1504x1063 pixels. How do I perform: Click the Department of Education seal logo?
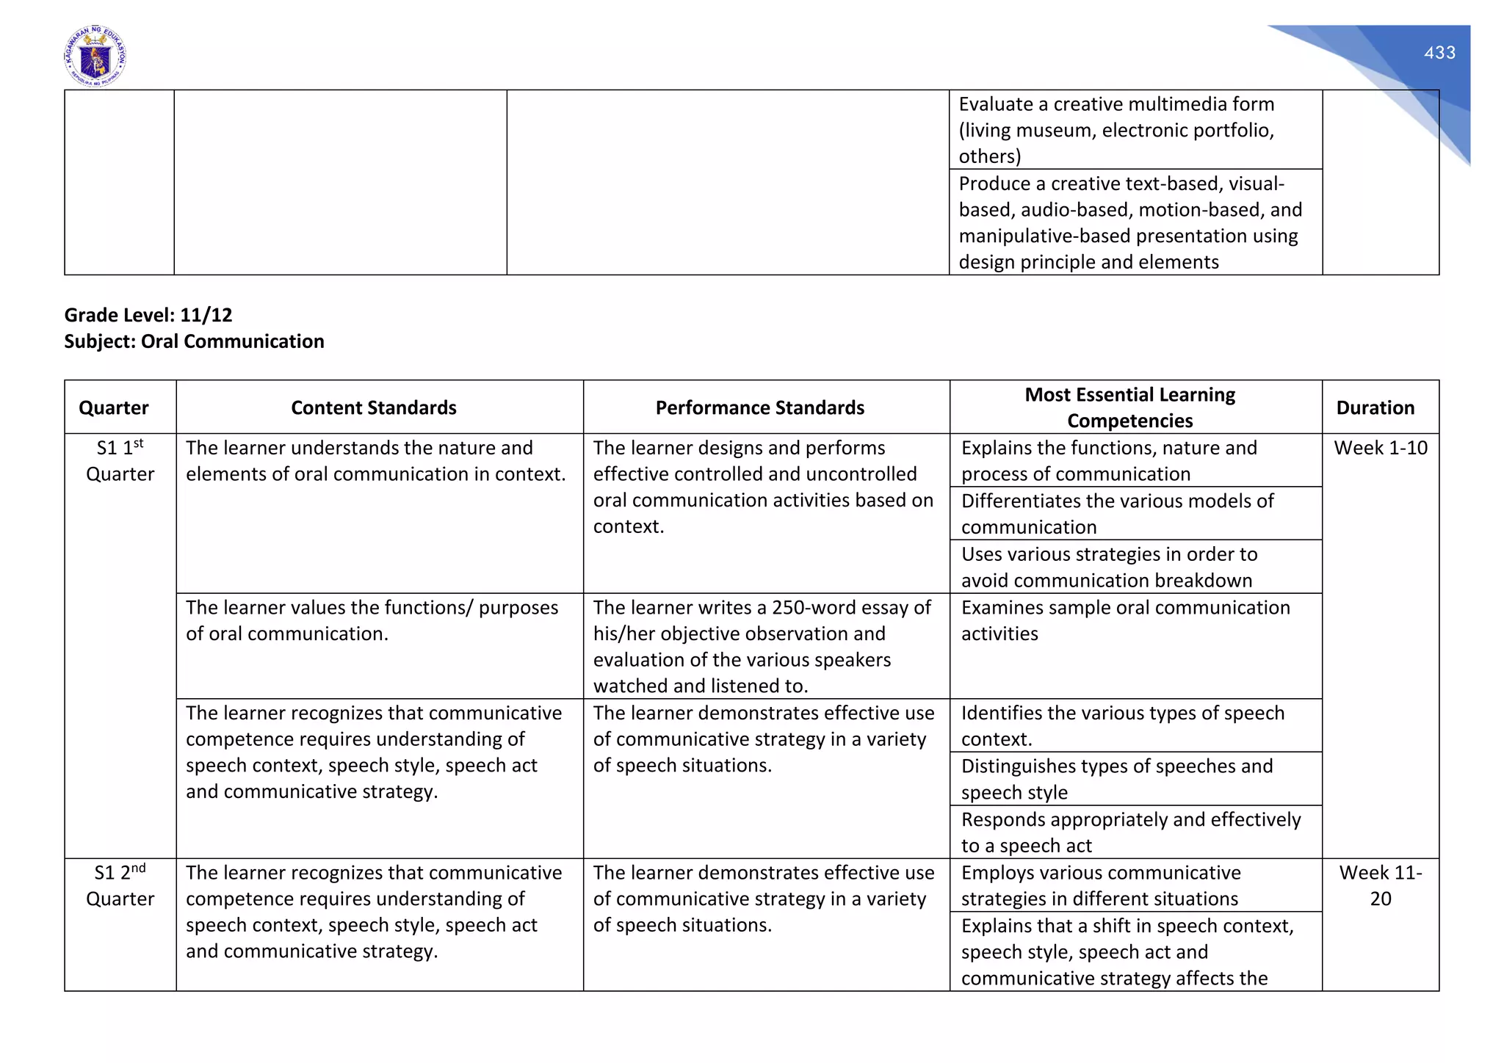pyautogui.click(x=95, y=57)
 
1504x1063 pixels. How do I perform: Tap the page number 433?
pyautogui.click(x=1439, y=53)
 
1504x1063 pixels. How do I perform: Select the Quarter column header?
pyautogui.click(x=114, y=407)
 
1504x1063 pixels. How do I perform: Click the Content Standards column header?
pyautogui.click(x=373, y=407)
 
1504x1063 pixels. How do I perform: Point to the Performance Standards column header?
pyautogui.click(x=759, y=407)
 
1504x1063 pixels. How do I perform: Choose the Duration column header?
pyautogui.click(x=1375, y=407)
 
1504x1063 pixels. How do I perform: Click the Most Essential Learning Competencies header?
pyautogui.click(x=1129, y=407)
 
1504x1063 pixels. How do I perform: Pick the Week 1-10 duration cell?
pyautogui.click(x=1380, y=448)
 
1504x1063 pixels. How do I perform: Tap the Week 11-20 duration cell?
pyautogui.click(x=1380, y=885)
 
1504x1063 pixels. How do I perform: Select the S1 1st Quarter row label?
pyautogui.click(x=120, y=461)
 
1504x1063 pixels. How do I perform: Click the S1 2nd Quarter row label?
pyautogui.click(x=120, y=885)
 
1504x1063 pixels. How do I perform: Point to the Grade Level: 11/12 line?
pyautogui.click(x=148, y=315)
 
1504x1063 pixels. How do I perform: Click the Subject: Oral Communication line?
pyautogui.click(x=194, y=341)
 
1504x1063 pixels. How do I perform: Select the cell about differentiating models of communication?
pyautogui.click(x=1116, y=514)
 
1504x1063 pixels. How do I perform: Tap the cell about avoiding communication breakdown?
pyautogui.click(x=1109, y=567)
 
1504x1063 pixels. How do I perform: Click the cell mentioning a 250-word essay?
pyautogui.click(x=762, y=646)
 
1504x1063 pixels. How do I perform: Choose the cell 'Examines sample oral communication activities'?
pyautogui.click(x=1125, y=620)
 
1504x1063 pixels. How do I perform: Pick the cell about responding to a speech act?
pyautogui.click(x=1130, y=832)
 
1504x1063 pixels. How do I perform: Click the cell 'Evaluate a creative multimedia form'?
pyautogui.click(x=1116, y=130)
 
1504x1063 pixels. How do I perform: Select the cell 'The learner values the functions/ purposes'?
pyautogui.click(x=372, y=620)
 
